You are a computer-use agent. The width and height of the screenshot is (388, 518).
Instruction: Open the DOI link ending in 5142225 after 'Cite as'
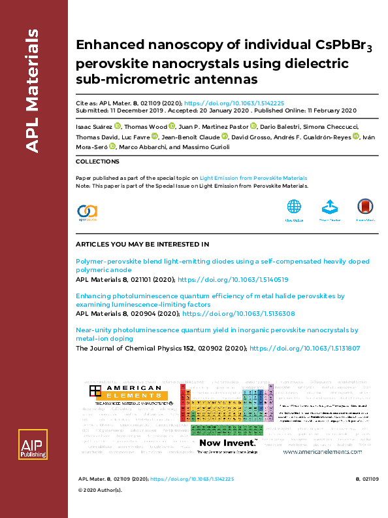234,103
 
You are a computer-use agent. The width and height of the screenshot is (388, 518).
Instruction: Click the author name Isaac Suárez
93,126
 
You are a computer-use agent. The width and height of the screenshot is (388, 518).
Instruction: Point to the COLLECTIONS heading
97,161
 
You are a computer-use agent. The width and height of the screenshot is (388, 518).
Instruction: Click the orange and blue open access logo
87,211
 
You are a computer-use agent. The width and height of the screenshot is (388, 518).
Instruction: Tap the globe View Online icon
294,207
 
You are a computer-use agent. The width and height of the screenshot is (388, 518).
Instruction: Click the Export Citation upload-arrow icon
330,207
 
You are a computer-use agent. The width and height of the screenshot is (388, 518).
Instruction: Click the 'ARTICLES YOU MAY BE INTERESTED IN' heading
142,244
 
